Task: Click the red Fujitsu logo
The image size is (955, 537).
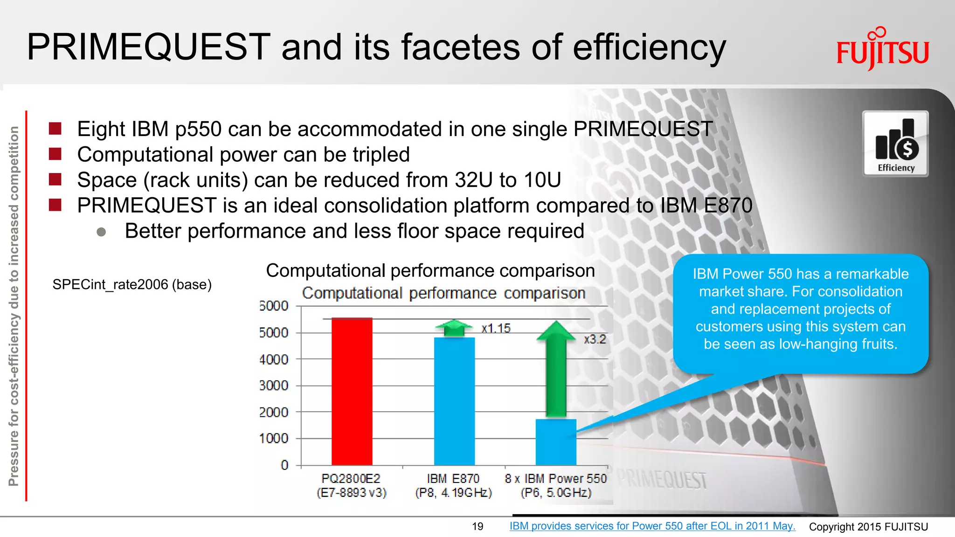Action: point(882,50)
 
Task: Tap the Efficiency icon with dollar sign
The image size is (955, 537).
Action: point(895,144)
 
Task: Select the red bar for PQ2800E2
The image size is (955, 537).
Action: point(352,392)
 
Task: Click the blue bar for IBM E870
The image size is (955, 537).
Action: point(454,401)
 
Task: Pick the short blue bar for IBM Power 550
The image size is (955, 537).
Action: point(556,442)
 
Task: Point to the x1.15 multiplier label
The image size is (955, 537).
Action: point(496,328)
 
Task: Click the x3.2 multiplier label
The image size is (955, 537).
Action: point(595,339)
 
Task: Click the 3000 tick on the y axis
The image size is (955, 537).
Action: point(274,386)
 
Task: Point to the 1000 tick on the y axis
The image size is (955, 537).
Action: point(274,438)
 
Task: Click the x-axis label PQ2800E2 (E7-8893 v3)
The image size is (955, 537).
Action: point(352,485)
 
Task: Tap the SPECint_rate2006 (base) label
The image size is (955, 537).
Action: point(132,284)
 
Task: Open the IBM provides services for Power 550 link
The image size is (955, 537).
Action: point(652,526)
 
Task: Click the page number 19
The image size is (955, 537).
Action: point(477,526)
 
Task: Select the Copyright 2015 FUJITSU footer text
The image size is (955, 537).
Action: point(868,527)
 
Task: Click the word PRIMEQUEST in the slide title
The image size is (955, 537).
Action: point(148,47)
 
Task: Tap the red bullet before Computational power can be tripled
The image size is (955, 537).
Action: point(55,154)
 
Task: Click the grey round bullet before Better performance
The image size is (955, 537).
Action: point(101,232)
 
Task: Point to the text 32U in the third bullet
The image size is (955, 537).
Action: point(473,180)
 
